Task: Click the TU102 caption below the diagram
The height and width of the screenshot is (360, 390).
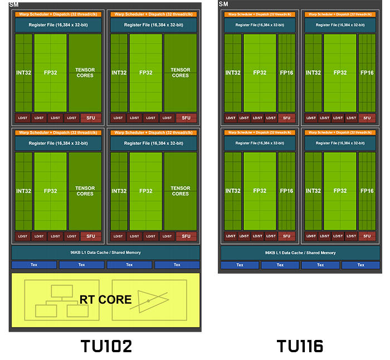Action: pos(105,346)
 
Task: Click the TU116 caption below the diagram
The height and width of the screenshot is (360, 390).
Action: pos(300,346)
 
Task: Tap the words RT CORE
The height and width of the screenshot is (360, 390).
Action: pos(105,300)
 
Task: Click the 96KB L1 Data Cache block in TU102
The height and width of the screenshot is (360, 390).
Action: pos(105,252)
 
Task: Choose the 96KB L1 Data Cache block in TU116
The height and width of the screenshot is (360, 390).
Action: pos(301,252)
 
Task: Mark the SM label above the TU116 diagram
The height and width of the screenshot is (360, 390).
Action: pos(223,4)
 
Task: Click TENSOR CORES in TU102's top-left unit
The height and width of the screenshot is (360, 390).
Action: pos(85,72)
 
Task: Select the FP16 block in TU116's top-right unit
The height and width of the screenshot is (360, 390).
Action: pos(367,72)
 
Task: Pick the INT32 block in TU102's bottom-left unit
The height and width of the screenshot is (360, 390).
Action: pos(23,191)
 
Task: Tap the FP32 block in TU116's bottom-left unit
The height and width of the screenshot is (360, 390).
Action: pos(260,191)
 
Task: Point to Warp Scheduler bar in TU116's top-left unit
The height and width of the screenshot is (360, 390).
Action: pos(260,14)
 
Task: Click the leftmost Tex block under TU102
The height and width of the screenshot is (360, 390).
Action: pos(33,265)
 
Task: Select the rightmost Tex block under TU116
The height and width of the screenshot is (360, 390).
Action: pos(361,265)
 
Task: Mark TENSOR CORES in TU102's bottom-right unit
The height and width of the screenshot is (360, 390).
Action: pos(181,191)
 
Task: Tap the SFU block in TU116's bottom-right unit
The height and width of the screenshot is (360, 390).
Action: pos(367,236)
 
